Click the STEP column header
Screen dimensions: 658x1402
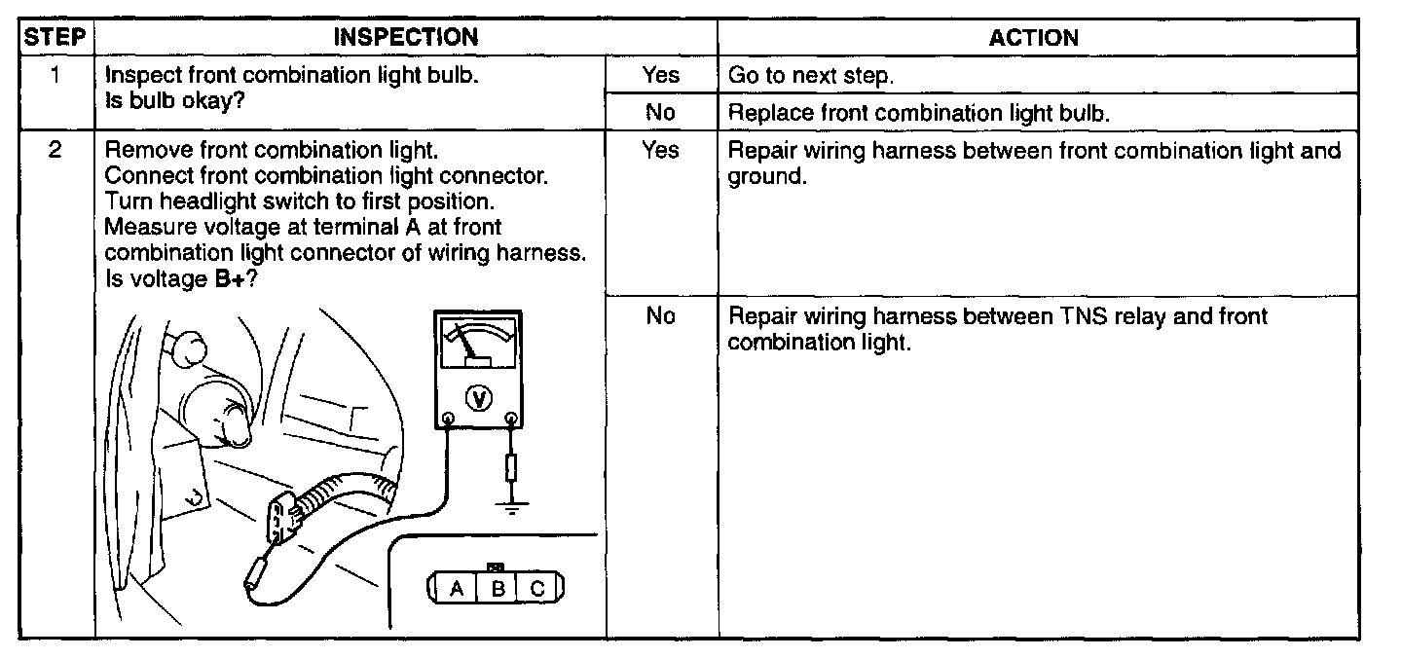pos(56,38)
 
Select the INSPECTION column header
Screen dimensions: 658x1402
pos(406,38)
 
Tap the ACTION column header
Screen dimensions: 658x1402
pos(1033,38)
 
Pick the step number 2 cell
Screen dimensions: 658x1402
pos(56,152)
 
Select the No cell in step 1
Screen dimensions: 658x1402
pos(660,113)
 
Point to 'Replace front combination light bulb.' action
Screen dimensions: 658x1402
pos(918,113)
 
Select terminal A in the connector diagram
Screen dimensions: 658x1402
pos(455,589)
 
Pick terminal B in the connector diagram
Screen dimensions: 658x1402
pos(497,589)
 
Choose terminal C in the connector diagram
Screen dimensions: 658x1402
pos(537,589)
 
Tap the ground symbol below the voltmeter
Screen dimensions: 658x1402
pos(511,507)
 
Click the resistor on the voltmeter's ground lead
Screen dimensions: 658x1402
pos(511,469)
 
